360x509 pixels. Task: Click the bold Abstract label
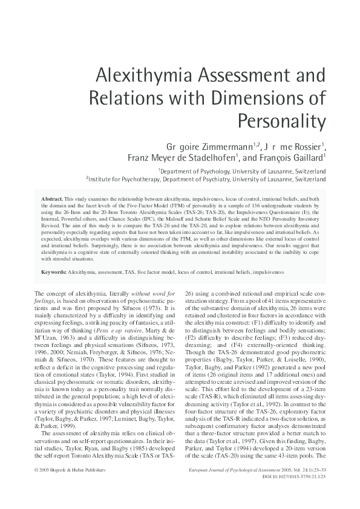pos(50,198)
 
